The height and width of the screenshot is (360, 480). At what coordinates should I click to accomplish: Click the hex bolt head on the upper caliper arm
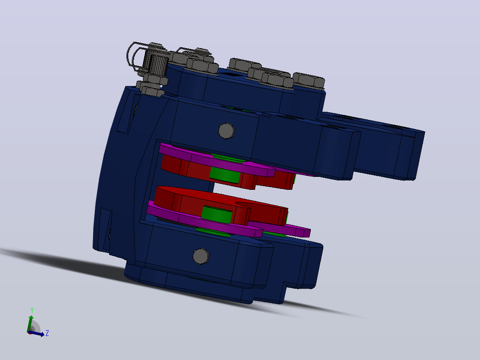click(226, 131)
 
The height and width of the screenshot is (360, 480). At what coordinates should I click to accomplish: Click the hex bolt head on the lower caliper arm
click(201, 256)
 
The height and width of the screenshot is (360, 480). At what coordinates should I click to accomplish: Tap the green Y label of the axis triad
click(32, 310)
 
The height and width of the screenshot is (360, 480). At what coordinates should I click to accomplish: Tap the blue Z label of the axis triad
click(47, 333)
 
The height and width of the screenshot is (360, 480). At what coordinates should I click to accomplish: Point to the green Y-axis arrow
click(30, 323)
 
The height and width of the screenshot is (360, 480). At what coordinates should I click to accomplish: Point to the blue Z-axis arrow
click(37, 334)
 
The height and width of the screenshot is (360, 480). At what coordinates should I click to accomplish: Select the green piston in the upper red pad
click(225, 175)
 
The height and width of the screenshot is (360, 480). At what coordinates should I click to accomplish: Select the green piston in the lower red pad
click(217, 214)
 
